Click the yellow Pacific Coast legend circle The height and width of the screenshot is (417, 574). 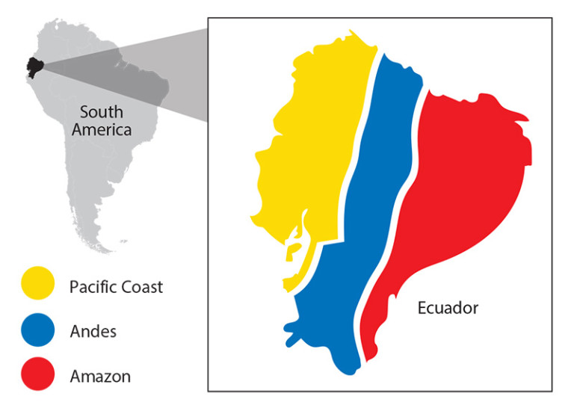(37, 285)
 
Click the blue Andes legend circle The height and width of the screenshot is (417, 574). (37, 330)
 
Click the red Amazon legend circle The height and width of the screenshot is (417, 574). (37, 374)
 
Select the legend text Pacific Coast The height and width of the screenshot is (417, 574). (116, 286)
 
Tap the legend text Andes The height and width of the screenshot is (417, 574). (93, 331)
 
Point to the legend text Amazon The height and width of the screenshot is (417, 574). (100, 376)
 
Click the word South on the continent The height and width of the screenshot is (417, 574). (102, 113)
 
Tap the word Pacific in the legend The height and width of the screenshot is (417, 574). (92, 286)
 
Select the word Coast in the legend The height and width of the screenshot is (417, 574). (141, 286)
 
